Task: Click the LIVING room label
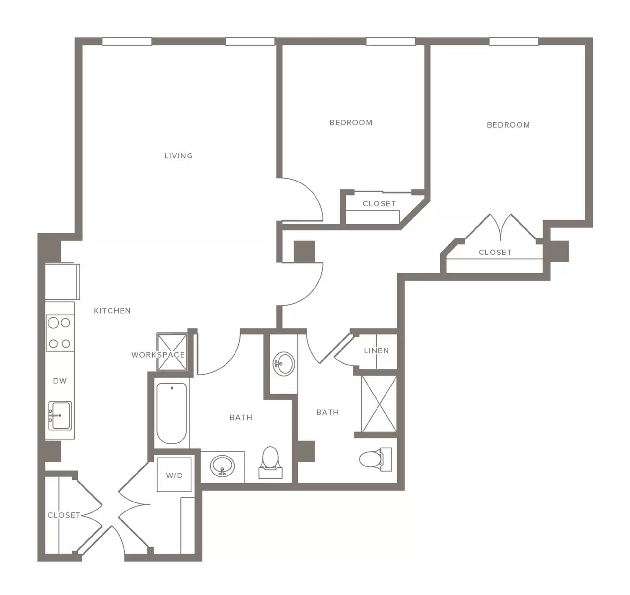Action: [178, 156]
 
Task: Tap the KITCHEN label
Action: [112, 311]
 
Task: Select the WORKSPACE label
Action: [158, 355]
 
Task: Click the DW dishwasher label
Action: [60, 381]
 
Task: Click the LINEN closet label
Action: [376, 350]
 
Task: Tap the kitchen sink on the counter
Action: [60, 415]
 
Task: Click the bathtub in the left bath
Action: [172, 413]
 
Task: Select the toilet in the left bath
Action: [271, 462]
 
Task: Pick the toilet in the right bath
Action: [376, 459]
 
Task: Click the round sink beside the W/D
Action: [222, 466]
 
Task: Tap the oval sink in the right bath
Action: [283, 364]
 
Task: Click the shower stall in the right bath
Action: [379, 404]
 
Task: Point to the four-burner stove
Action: [59, 333]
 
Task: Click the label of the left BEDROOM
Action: [351, 122]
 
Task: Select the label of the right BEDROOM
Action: [508, 125]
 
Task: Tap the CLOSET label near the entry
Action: [64, 515]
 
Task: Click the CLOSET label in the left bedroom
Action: [379, 204]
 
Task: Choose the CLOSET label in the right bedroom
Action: [495, 252]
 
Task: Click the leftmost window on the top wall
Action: [127, 41]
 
